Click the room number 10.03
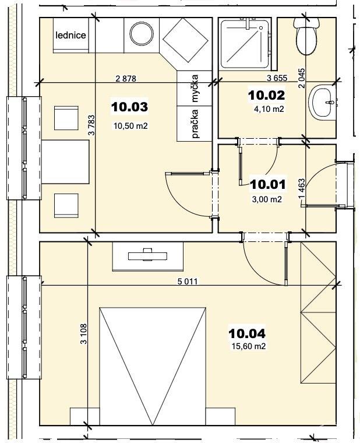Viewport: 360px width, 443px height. [x=129, y=107]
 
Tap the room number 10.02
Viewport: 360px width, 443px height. [x=267, y=95]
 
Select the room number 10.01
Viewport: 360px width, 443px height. [x=268, y=185]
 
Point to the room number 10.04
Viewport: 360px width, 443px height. [x=247, y=333]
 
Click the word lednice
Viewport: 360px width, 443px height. [x=70, y=36]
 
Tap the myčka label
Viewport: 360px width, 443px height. [x=195, y=88]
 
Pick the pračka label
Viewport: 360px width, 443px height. [x=195, y=124]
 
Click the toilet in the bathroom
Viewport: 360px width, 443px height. [x=306, y=36]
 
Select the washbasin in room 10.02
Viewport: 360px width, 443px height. [x=322, y=102]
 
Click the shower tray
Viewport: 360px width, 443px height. [x=244, y=44]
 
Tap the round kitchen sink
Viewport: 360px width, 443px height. [x=142, y=34]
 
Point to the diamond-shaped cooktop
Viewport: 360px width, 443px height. [x=185, y=40]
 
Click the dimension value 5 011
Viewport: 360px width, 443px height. [x=188, y=281]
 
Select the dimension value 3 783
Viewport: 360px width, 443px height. [x=91, y=125]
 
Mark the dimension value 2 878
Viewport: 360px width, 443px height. [x=126, y=78]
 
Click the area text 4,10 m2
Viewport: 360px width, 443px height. [x=269, y=109]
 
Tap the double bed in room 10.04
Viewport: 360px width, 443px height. [x=153, y=366]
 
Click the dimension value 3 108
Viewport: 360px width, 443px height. [x=84, y=333]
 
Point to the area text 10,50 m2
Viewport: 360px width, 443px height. [x=130, y=126]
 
